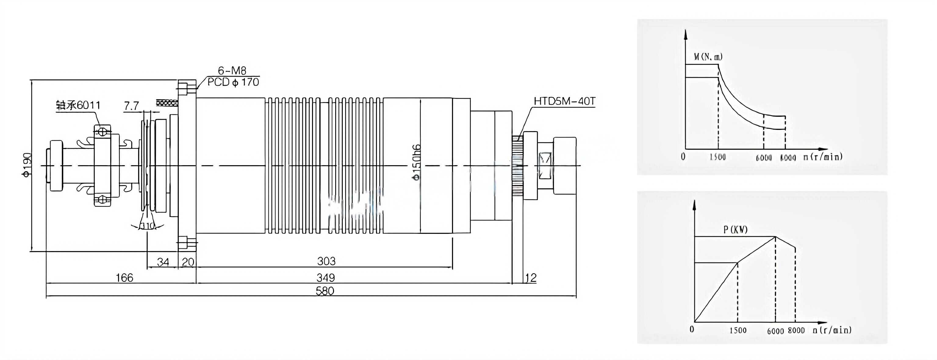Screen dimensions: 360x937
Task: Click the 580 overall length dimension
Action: click(x=325, y=291)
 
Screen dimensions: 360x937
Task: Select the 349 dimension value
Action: click(x=325, y=278)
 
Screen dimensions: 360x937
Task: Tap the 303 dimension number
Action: click(x=326, y=261)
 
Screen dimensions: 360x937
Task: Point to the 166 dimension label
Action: click(x=124, y=278)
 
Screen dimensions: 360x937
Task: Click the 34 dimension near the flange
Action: click(x=163, y=262)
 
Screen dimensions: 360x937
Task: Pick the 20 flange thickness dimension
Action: click(x=188, y=262)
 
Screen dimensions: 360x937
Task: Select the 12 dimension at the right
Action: click(x=531, y=278)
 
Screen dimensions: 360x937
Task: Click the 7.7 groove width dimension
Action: click(x=131, y=106)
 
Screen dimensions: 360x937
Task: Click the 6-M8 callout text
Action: click(x=232, y=70)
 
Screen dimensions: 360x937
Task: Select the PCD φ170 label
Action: click(x=233, y=82)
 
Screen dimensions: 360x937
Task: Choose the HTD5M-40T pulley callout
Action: click(x=564, y=101)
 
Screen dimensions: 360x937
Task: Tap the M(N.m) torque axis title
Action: click(x=708, y=57)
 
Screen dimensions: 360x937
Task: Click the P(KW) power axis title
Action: click(x=735, y=230)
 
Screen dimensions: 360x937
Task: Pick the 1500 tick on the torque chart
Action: click(x=718, y=157)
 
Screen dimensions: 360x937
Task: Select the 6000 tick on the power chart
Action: click(x=775, y=330)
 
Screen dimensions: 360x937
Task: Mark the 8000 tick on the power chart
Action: click(x=796, y=330)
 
